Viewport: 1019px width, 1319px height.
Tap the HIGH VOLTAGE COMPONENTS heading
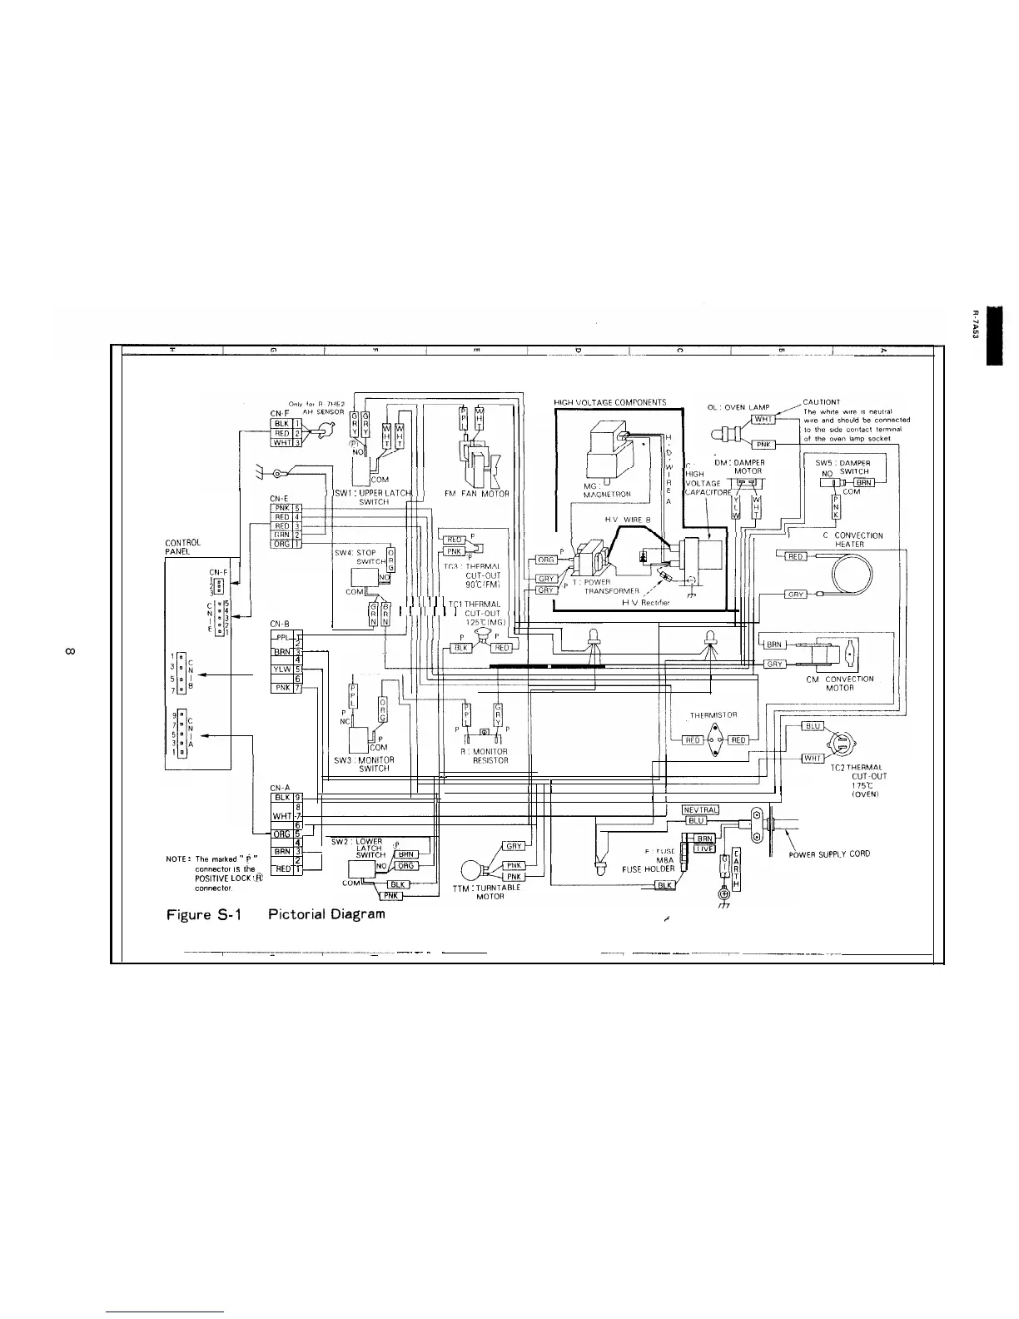tap(609, 403)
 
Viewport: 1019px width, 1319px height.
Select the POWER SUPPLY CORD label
tap(829, 854)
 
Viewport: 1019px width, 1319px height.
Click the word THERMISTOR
tap(713, 714)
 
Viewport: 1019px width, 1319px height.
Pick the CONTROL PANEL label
tap(183, 547)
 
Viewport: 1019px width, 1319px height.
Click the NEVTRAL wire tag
tap(700, 809)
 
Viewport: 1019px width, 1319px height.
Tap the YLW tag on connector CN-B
tap(282, 669)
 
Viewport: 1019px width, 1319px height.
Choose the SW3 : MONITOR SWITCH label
tap(364, 764)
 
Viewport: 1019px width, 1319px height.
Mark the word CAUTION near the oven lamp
tap(821, 401)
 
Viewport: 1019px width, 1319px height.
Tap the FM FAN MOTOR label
tap(477, 494)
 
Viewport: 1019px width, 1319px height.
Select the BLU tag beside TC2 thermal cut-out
tap(813, 725)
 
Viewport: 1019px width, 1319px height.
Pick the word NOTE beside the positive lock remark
tap(180, 859)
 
